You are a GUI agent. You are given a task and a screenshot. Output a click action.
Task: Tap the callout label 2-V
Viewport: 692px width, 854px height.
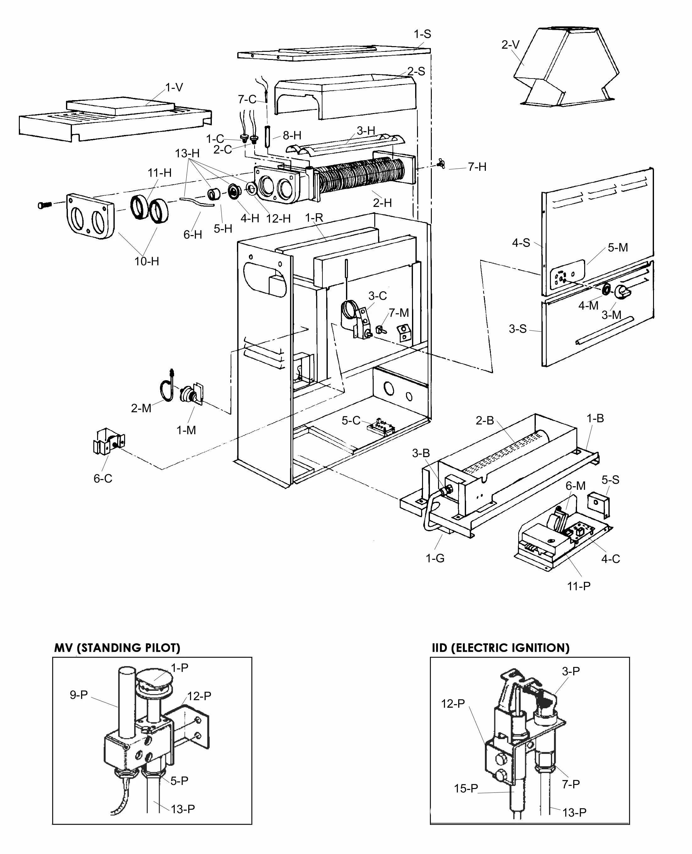[x=511, y=45]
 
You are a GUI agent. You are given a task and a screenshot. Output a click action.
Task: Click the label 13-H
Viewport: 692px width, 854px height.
[x=187, y=153]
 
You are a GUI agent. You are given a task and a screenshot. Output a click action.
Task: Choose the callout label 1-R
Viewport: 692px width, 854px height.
[x=314, y=218]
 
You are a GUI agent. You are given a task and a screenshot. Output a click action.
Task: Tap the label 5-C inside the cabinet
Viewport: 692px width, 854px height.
[x=351, y=421]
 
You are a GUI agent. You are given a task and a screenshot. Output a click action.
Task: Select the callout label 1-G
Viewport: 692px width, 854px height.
[x=435, y=559]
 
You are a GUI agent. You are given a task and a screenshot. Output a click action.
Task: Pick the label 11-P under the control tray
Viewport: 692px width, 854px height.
[x=579, y=586]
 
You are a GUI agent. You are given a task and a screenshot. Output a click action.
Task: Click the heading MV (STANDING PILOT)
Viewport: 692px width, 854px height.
[x=117, y=648]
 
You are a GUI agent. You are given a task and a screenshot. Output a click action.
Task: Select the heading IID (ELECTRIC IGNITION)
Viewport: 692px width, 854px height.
[x=501, y=648]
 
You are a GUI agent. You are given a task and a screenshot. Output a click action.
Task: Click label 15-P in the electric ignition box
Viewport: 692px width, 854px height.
[x=466, y=788]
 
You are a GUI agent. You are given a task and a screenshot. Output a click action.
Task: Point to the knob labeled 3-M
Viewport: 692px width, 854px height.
[x=622, y=292]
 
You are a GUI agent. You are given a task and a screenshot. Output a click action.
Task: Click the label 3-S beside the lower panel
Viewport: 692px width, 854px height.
[x=518, y=329]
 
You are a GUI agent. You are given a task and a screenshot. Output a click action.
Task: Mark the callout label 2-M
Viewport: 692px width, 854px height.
[x=141, y=408]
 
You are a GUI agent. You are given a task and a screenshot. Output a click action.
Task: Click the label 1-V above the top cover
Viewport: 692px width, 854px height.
[x=174, y=88]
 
